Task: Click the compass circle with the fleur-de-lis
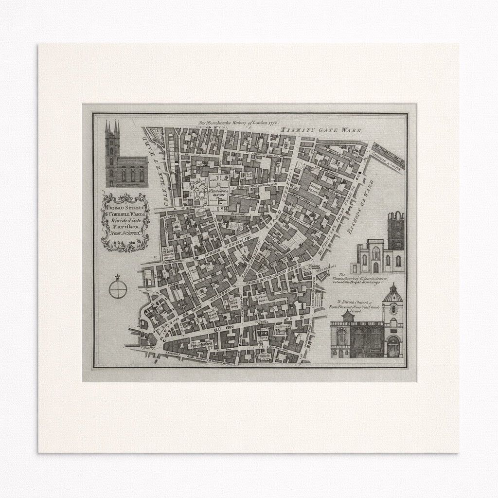click(x=118, y=289)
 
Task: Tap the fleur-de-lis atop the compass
click(x=118, y=277)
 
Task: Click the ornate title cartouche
click(x=125, y=222)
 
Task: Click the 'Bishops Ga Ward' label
click(x=360, y=204)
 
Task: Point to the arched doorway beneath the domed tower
click(x=393, y=346)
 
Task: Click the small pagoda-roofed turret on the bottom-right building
click(x=348, y=316)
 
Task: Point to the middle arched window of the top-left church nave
click(x=132, y=174)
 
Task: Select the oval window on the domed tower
click(x=393, y=309)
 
